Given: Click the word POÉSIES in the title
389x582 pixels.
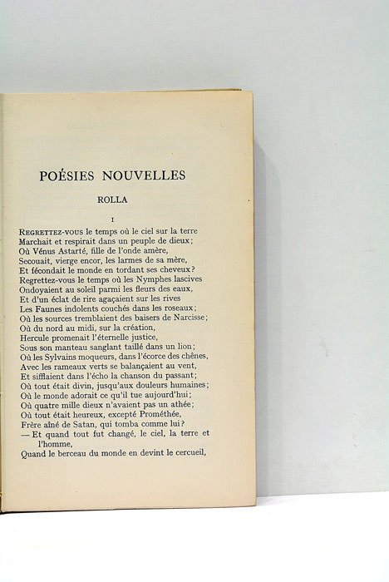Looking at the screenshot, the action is click(x=67, y=175).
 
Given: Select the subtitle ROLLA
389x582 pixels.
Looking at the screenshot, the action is click(x=111, y=200).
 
